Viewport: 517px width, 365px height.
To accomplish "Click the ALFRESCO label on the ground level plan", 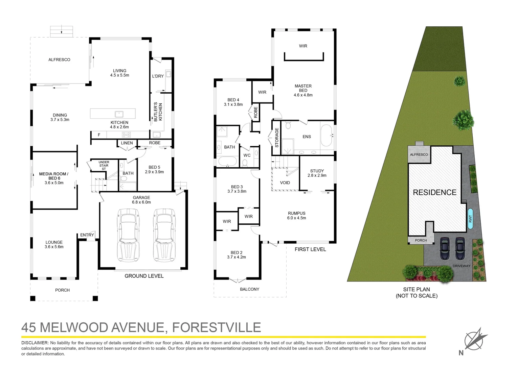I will point(59,60).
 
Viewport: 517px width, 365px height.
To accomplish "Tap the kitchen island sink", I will point(119,114).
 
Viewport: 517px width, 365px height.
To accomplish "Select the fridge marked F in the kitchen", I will point(99,135).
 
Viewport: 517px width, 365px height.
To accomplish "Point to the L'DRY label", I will point(158,76).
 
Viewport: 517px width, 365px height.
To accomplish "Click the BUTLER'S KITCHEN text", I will point(158,112).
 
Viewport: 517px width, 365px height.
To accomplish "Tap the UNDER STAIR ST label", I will point(104,166).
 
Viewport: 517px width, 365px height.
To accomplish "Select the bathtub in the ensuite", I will point(327,136).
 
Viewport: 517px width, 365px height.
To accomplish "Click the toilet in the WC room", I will point(245,163).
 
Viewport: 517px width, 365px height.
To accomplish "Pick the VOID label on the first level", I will point(285,183).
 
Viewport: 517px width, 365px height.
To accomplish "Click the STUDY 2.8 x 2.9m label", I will point(317,173).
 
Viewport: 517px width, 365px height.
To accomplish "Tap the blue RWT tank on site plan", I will point(470,219).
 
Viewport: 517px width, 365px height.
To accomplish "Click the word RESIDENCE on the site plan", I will point(434,192).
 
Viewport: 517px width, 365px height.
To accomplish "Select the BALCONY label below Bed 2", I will point(249,289).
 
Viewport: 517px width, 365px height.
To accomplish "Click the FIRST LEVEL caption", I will point(310,249).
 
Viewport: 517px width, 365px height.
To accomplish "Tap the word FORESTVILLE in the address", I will point(217,327).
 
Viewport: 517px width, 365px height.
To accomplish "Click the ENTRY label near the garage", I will point(87,235).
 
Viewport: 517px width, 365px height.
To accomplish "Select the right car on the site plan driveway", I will point(460,248).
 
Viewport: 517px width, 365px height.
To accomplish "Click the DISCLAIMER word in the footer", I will point(35,343).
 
